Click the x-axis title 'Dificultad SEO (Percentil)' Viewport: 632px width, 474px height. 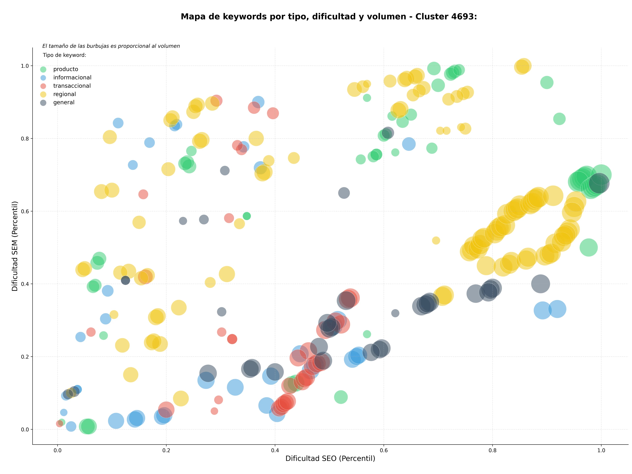[x=330, y=458]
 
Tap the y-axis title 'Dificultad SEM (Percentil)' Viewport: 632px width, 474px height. [x=15, y=246]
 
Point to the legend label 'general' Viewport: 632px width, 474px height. [x=64, y=102]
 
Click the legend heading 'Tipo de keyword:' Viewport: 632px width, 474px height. [x=65, y=55]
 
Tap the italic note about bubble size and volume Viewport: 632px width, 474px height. [x=111, y=46]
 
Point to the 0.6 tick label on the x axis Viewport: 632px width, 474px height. [x=384, y=451]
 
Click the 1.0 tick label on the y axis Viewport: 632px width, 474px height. [x=25, y=66]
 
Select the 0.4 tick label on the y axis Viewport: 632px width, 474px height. [x=25, y=284]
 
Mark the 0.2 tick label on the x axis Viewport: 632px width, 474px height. [x=166, y=451]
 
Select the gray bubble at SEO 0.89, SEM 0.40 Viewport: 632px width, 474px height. [x=540, y=284]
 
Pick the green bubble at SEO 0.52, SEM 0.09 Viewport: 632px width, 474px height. [x=341, y=397]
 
